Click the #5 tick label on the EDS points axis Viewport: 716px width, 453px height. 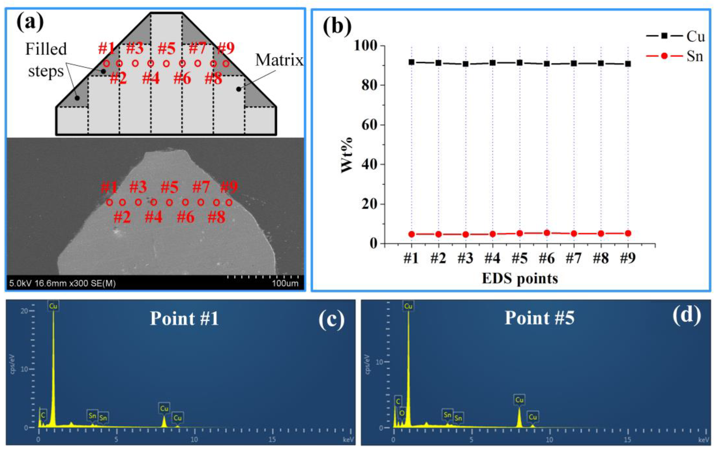click(x=520, y=258)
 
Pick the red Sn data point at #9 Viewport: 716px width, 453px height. click(x=628, y=233)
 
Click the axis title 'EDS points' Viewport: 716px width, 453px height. click(x=520, y=279)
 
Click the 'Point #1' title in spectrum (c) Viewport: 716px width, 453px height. click(x=184, y=319)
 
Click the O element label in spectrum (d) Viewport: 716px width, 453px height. click(x=402, y=413)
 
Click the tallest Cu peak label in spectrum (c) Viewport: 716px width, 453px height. click(x=53, y=306)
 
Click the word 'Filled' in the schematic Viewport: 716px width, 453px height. click(x=46, y=49)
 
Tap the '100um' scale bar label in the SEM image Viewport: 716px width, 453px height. click(x=285, y=283)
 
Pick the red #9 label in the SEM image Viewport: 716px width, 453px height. click(x=229, y=187)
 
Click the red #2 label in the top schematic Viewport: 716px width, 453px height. click(x=118, y=78)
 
